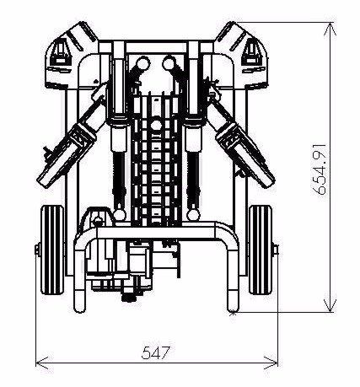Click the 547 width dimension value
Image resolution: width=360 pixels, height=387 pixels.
click(x=156, y=352)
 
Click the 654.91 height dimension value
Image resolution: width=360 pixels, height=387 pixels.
click(x=320, y=169)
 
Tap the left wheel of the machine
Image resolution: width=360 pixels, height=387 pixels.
click(x=52, y=250)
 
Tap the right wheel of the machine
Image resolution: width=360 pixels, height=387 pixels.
click(x=261, y=250)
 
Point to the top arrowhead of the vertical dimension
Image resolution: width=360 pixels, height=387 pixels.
click(x=330, y=29)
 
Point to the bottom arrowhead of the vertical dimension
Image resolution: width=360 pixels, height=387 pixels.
click(x=330, y=305)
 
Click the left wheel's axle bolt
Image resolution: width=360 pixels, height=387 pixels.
click(x=37, y=250)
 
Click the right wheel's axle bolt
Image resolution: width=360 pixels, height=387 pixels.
click(x=275, y=250)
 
